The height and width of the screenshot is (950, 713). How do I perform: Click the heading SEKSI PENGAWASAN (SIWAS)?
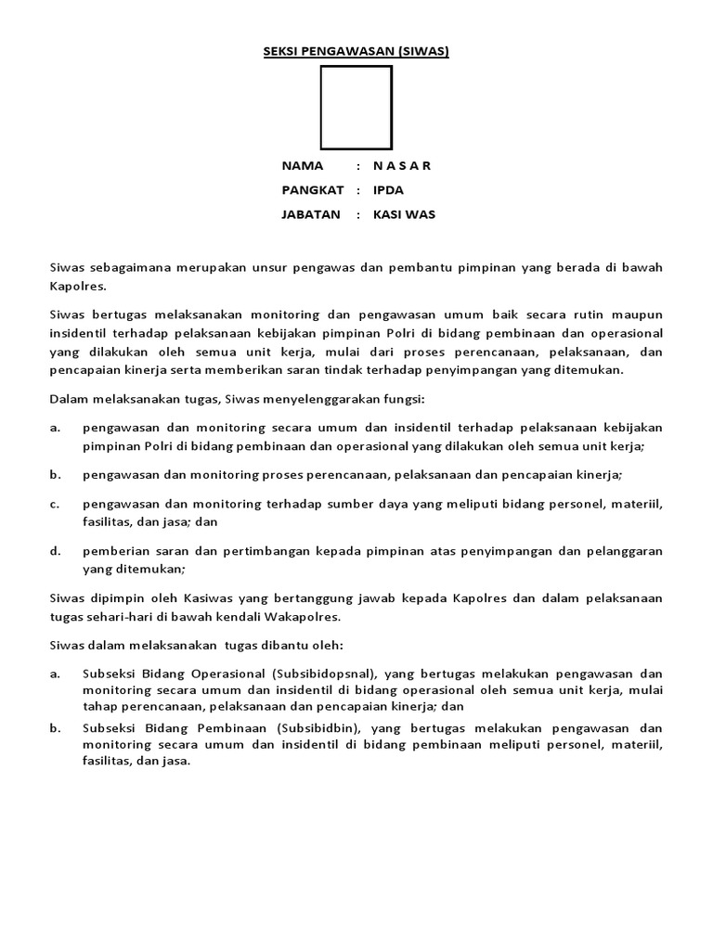pyautogui.click(x=356, y=52)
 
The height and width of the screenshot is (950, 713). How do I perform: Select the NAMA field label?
pyautogui.click(x=303, y=166)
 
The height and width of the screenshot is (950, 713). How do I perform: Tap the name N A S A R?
pyautogui.click(x=402, y=166)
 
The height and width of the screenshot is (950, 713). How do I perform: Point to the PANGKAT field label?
pyautogui.click(x=313, y=190)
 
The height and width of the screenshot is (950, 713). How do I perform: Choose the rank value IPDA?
pyautogui.click(x=388, y=190)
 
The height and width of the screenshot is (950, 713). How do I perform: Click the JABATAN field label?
pyautogui.click(x=311, y=214)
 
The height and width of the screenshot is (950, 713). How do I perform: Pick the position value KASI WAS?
pyautogui.click(x=404, y=214)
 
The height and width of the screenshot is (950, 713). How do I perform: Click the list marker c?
pyautogui.click(x=55, y=504)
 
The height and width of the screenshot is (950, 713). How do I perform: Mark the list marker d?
pyautogui.click(x=55, y=551)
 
